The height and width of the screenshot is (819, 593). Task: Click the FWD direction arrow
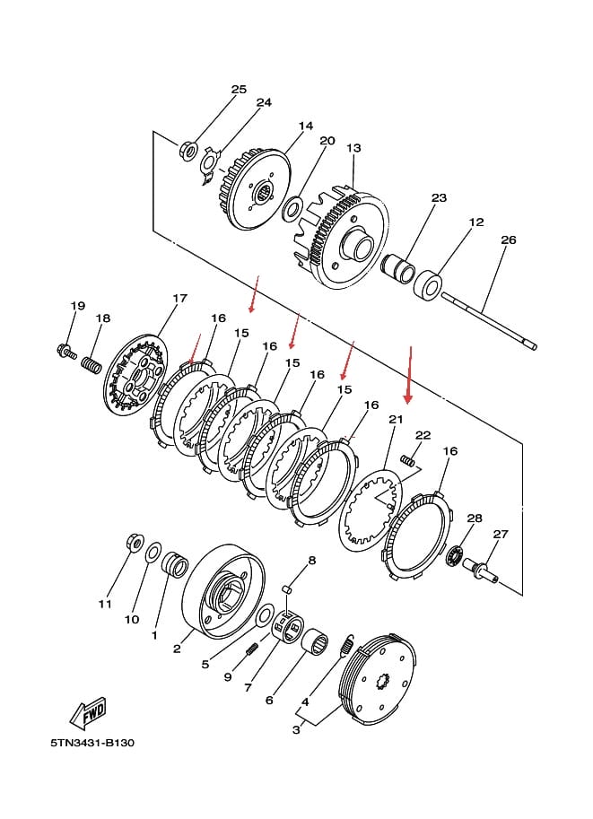pyautogui.click(x=88, y=712)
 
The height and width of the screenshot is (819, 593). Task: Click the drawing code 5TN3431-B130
pyautogui.click(x=92, y=742)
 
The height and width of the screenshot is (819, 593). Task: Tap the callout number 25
pyautogui.click(x=239, y=90)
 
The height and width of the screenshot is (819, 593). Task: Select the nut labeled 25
pyautogui.click(x=188, y=152)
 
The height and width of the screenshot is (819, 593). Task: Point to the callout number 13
pyautogui.click(x=353, y=148)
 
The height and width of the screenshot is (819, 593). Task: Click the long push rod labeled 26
pyautogui.click(x=489, y=321)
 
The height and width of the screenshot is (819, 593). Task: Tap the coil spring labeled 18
pyautogui.click(x=92, y=363)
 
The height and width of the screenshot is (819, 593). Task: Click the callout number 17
pyautogui.click(x=179, y=298)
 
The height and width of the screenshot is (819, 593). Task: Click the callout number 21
pyautogui.click(x=396, y=420)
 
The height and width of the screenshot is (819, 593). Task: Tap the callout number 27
pyautogui.click(x=501, y=534)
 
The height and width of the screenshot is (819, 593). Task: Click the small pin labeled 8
pyautogui.click(x=286, y=589)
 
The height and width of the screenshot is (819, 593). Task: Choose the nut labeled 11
pyautogui.click(x=135, y=542)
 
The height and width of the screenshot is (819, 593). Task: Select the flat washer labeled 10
pyautogui.click(x=153, y=553)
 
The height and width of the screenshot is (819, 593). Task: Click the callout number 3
pyautogui.click(x=296, y=729)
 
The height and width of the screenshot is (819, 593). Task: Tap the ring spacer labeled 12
pyautogui.click(x=428, y=284)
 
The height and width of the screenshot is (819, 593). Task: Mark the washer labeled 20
pyautogui.click(x=292, y=208)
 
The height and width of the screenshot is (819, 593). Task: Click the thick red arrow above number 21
pyautogui.click(x=410, y=374)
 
